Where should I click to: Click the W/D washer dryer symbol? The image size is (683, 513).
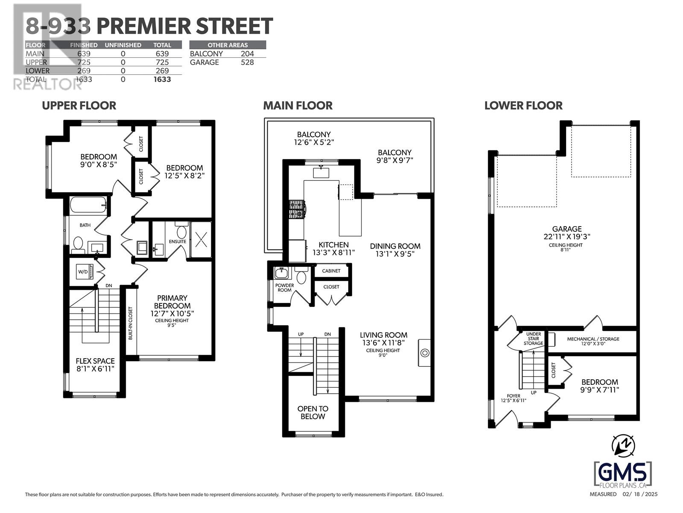pos(85,271)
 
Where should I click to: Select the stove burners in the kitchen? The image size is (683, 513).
pos(297,209)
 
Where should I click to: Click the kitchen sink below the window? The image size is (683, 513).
pos(321,172)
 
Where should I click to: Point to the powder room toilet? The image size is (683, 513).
pos(301,275)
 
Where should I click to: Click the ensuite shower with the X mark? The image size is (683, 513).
pos(201,239)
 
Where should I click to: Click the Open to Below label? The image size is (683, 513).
pos(313,413)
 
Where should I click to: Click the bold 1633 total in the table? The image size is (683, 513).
pos(162,80)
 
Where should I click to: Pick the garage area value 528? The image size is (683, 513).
pos(247,62)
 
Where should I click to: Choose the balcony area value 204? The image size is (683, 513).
pos(247,54)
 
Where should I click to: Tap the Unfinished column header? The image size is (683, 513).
pos(123,45)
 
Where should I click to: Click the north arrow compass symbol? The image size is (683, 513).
pos(623,446)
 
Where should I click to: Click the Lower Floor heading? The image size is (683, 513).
pos(523,106)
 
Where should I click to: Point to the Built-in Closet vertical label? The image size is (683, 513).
pos(130,323)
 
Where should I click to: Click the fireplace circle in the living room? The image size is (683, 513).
pos(425,353)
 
